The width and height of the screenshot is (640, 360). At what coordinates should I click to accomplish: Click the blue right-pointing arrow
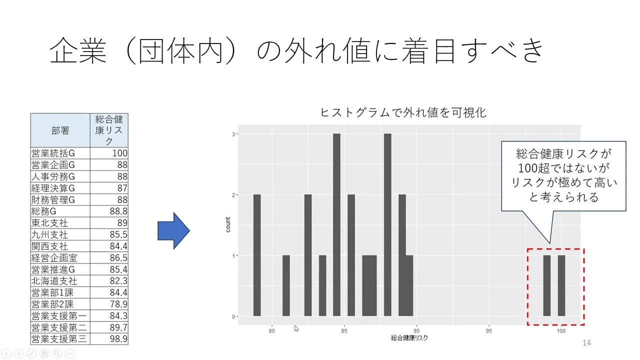[x=173, y=230]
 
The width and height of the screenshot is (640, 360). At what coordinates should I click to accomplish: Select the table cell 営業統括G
[x=53, y=153]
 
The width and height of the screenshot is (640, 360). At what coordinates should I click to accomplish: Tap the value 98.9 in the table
[x=118, y=339]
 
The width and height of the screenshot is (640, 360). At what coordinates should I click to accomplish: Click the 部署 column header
[x=60, y=130]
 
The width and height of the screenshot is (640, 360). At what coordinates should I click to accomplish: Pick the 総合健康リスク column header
[x=109, y=130]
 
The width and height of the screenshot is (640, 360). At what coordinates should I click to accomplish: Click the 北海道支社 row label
[x=54, y=281]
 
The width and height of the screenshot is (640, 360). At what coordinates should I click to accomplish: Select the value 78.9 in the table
[x=118, y=304]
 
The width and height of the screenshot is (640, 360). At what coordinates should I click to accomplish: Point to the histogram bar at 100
[x=561, y=285]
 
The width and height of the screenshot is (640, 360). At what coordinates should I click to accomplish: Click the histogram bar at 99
[x=547, y=285]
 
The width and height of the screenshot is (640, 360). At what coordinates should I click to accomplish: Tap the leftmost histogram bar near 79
[x=257, y=255]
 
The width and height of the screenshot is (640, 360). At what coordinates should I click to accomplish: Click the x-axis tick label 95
[x=489, y=331]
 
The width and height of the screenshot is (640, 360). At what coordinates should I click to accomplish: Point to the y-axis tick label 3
[x=233, y=134]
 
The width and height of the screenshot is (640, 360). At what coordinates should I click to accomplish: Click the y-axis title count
[x=228, y=224]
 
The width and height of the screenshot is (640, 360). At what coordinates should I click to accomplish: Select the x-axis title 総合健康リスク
[x=409, y=338]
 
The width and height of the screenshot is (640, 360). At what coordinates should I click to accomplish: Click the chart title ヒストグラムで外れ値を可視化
[x=403, y=112]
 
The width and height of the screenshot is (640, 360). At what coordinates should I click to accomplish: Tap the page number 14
[x=586, y=342]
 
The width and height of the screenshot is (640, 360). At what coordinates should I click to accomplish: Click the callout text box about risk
[x=563, y=175]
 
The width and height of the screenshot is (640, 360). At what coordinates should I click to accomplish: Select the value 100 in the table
[x=119, y=153]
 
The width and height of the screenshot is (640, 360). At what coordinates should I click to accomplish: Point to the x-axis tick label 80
[x=272, y=331]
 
